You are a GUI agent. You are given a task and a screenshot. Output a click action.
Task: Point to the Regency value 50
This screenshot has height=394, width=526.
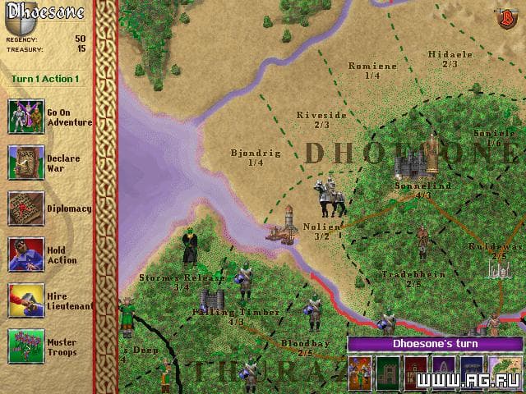tap(80, 38)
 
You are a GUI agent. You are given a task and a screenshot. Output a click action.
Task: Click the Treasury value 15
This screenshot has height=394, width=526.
tap(81, 48)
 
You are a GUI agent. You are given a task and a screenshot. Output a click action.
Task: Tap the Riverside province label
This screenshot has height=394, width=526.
tap(321, 116)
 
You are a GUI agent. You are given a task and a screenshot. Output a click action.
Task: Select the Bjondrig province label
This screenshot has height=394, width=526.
tap(256, 153)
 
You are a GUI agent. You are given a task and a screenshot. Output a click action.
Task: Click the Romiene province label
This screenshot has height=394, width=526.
tap(372, 66)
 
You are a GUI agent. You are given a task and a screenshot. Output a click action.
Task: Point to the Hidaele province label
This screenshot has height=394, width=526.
tap(450, 54)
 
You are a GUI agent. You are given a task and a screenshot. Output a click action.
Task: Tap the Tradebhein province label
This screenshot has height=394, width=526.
tap(413, 274)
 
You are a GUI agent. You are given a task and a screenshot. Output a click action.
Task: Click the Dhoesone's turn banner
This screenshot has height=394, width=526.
tap(435, 344)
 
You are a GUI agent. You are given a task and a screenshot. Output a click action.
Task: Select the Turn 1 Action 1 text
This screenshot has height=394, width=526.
tap(45, 79)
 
